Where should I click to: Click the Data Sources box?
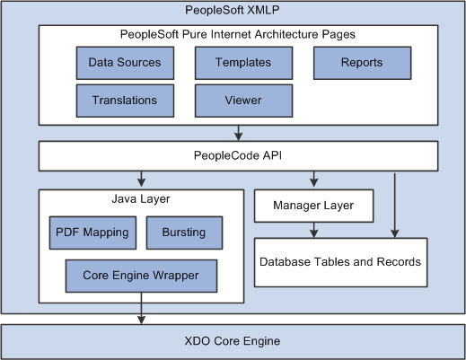[125, 63]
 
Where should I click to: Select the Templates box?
[243, 63]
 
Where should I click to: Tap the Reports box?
[363, 63]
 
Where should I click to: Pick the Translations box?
[125, 101]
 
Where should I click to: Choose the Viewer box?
[243, 101]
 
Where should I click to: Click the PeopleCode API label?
[238, 155]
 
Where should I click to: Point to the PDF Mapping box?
[92, 233]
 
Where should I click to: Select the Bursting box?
[184, 233]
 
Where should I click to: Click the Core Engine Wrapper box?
[141, 276]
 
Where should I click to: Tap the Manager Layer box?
[313, 206]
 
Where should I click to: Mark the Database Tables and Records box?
[340, 262]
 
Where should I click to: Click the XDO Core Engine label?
[233, 341]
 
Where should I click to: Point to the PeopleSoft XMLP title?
[233, 10]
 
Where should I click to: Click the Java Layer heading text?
[141, 199]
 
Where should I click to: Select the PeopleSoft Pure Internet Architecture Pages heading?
[238, 34]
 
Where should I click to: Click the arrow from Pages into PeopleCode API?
[238, 133]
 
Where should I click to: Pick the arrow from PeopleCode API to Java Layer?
[141, 179]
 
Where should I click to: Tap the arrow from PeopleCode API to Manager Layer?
[313, 179]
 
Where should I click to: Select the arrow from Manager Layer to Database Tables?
[313, 230]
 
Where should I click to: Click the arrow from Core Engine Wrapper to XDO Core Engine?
[141, 308]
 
